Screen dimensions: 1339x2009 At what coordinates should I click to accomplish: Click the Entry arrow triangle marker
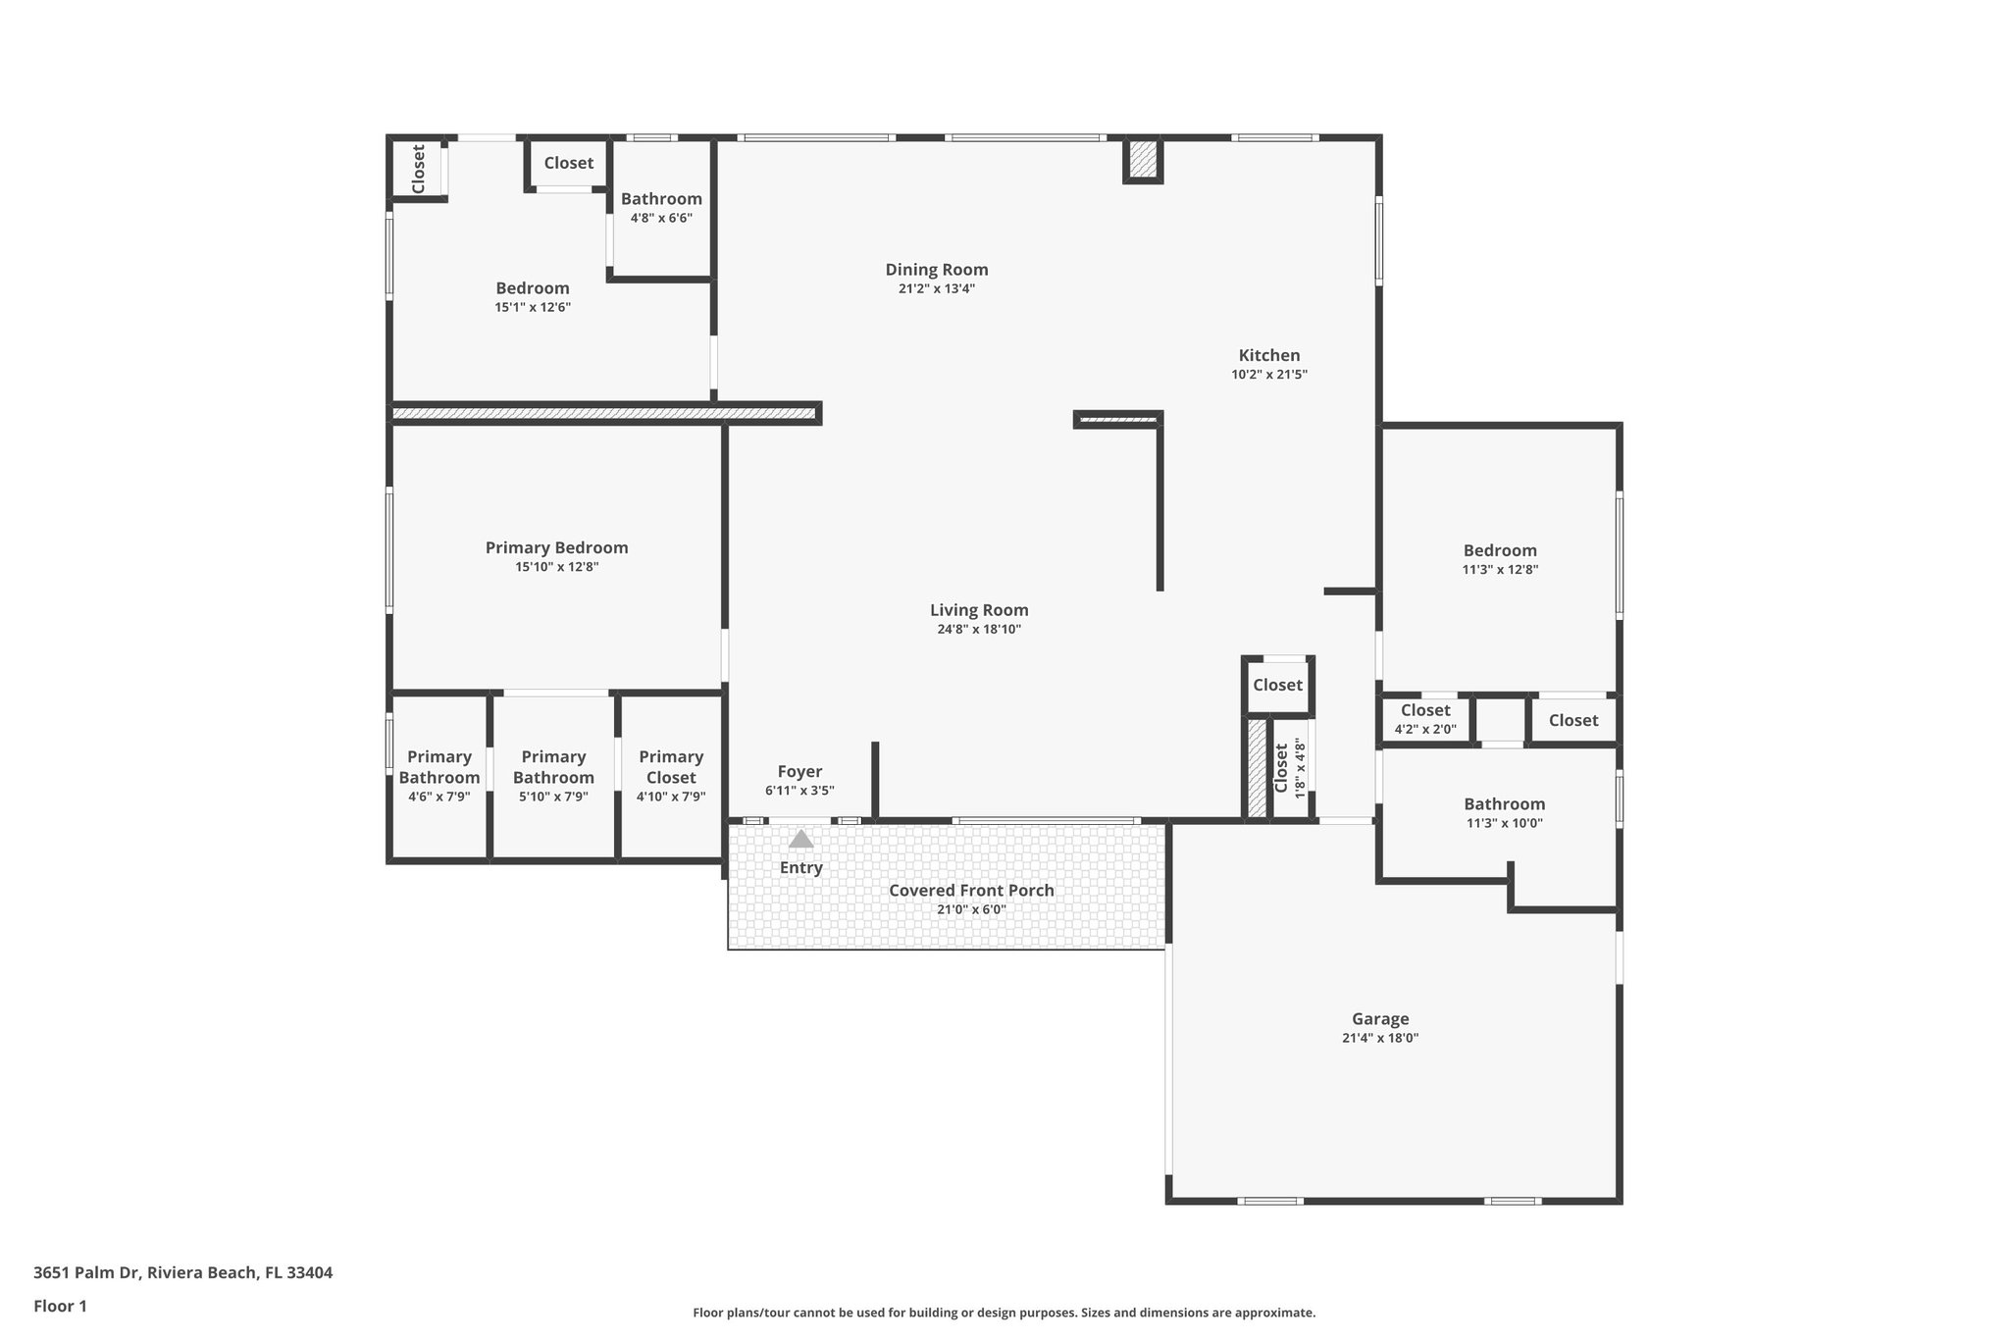(x=801, y=839)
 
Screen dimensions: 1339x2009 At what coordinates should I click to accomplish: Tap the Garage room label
(x=1379, y=1019)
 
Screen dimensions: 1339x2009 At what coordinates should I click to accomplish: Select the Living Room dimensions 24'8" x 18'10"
(x=979, y=630)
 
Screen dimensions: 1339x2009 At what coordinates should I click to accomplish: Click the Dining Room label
(x=937, y=270)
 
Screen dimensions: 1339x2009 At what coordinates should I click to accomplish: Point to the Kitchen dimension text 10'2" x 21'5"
(x=1269, y=375)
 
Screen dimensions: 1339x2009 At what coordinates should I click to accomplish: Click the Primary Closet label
(x=671, y=767)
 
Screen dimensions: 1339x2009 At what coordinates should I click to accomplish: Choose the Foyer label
(x=799, y=772)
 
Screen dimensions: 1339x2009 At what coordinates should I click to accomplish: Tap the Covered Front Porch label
(x=971, y=891)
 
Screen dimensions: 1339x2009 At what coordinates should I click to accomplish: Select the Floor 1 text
(x=60, y=1307)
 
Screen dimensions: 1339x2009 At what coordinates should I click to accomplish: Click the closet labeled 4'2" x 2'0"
(x=1425, y=719)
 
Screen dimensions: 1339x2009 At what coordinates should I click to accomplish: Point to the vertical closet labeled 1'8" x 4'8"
(x=1290, y=768)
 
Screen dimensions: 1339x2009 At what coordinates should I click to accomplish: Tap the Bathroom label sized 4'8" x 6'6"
(x=661, y=199)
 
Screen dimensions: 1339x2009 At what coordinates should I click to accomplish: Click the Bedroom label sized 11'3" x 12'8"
(x=1500, y=551)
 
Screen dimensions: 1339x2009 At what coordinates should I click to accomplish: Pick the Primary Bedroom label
(x=556, y=548)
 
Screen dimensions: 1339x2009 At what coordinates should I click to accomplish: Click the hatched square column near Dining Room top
(x=1142, y=160)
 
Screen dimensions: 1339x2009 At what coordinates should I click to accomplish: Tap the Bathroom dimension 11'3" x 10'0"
(x=1504, y=824)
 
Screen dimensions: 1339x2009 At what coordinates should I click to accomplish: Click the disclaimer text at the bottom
(x=1004, y=1313)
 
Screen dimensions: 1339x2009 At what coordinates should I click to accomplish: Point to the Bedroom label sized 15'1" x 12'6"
(x=532, y=288)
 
